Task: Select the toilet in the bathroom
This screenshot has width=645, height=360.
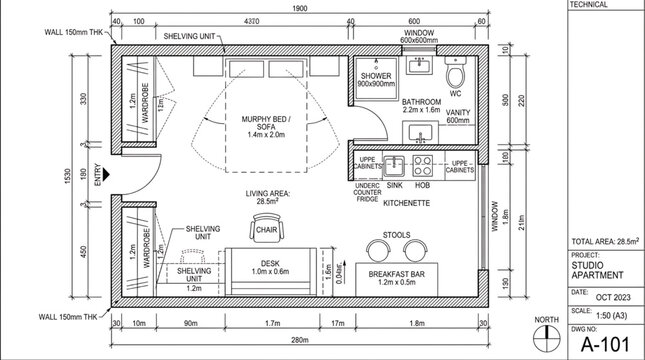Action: point(456,76)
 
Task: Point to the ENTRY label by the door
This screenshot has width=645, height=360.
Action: point(97,178)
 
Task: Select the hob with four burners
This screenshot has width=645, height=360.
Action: point(423,164)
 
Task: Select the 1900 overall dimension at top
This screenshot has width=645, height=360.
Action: point(299,9)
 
